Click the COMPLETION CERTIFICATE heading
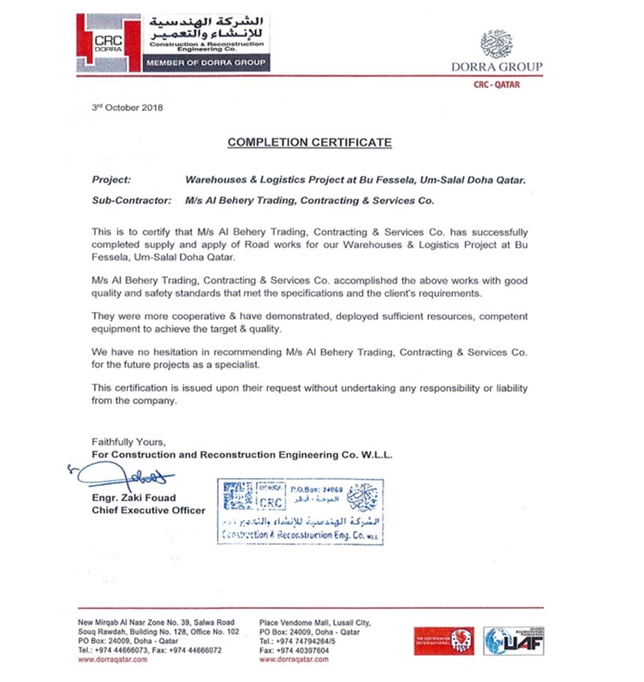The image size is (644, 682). (309, 142)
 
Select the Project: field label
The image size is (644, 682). (112, 179)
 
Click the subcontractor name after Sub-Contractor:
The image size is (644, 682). (310, 200)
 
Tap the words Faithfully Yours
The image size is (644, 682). (128, 442)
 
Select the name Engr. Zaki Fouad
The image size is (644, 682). (131, 498)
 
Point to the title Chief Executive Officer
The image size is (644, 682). (149, 510)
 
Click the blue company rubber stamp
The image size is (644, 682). (300, 510)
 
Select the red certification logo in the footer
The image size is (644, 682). (443, 640)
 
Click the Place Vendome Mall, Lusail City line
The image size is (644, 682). (314, 622)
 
